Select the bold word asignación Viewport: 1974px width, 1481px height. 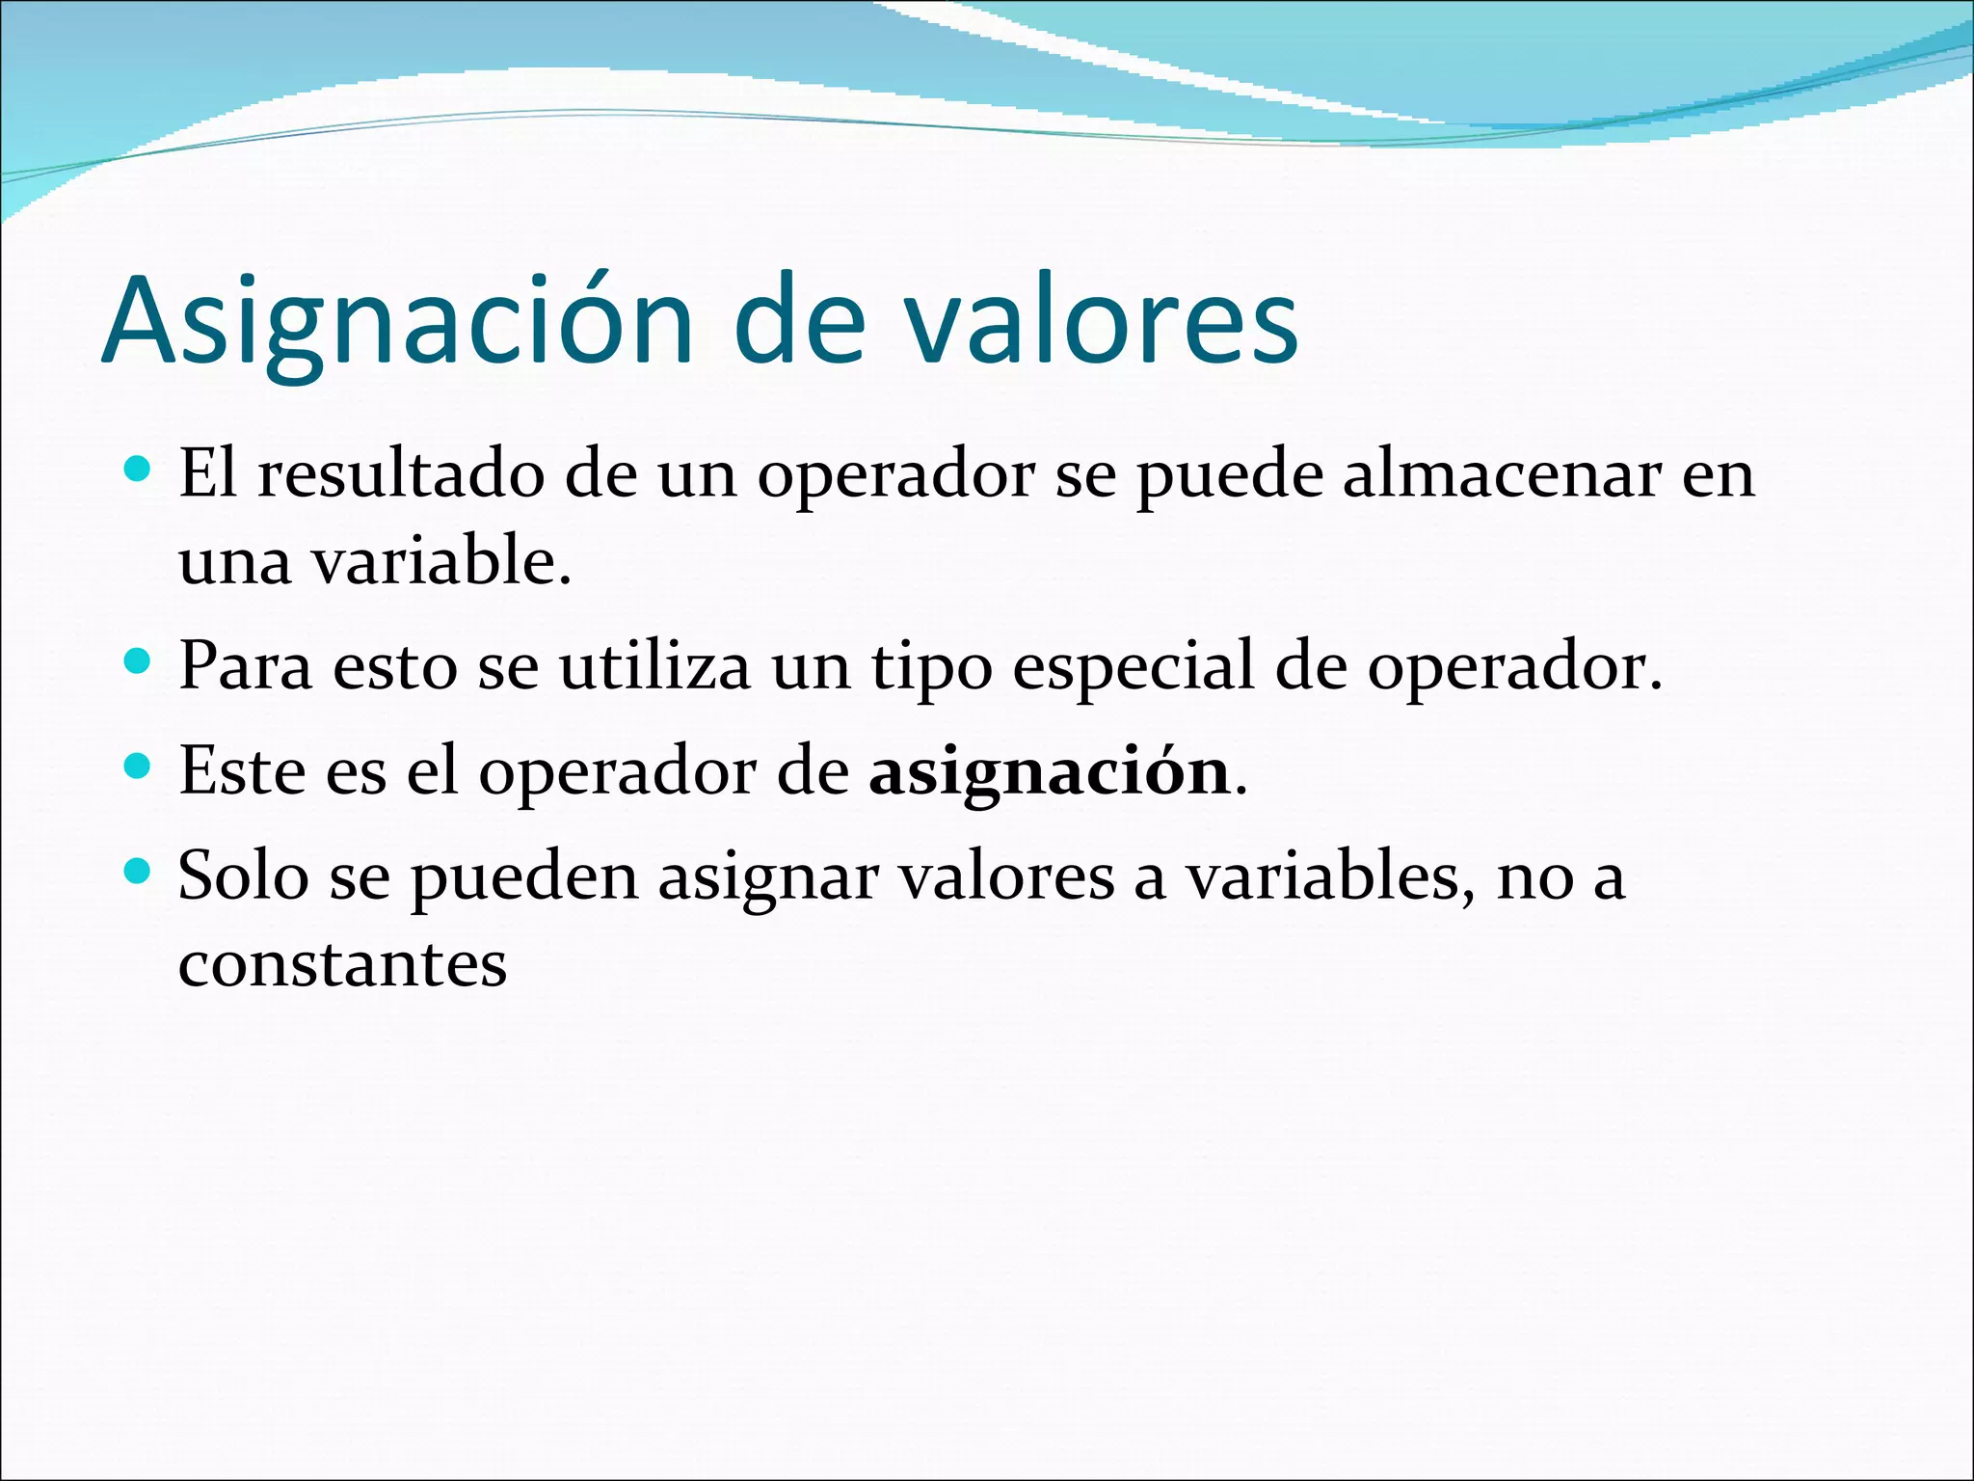(1049, 773)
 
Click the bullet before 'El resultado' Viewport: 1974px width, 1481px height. (139, 470)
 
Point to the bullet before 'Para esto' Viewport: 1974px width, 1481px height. (139, 661)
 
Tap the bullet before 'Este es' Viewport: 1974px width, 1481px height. (139, 767)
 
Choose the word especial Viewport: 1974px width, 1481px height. (1133, 668)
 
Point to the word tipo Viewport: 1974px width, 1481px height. (931, 668)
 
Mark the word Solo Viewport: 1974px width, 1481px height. (243, 876)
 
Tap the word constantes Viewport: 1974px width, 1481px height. (342, 964)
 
